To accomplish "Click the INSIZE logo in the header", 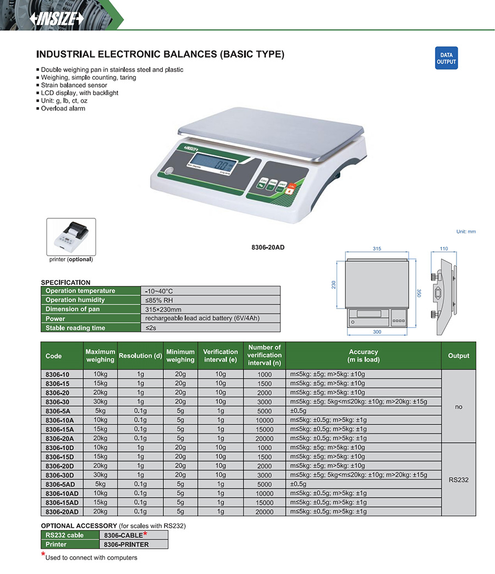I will (x=56, y=19).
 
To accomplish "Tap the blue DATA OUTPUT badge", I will (x=446, y=59).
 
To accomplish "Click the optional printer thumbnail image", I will (x=71, y=237).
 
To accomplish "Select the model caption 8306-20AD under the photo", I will (x=268, y=247).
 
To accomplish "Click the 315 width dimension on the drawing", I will (x=377, y=249).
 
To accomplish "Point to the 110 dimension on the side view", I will (x=444, y=249).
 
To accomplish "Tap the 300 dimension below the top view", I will (x=377, y=332).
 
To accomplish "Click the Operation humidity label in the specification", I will (x=75, y=300).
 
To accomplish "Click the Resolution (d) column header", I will (x=140, y=356).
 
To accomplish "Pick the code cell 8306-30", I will (x=57, y=401).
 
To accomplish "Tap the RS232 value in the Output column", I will (x=458, y=479).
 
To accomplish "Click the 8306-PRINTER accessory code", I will (x=127, y=544).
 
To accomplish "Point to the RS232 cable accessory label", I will (x=65, y=535).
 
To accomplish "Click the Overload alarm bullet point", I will (x=63, y=108).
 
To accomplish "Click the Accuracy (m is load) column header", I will (x=364, y=356).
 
